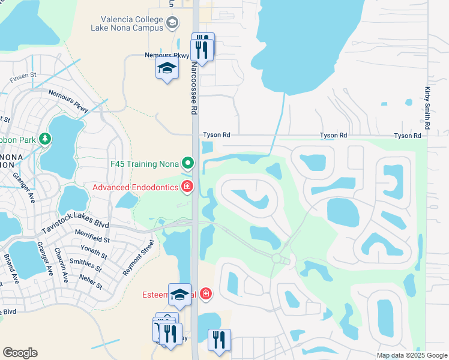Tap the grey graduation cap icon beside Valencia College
tap(173, 23)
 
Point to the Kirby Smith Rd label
tap(427, 108)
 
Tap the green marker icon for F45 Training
tap(188, 163)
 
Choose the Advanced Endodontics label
tap(135, 188)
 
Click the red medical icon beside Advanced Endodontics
tap(187, 187)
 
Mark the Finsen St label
tap(23, 77)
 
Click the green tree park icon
tap(44, 139)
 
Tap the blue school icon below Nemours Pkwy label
tap(167, 69)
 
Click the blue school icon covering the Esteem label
tap(179, 295)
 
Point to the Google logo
tap(20, 353)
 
